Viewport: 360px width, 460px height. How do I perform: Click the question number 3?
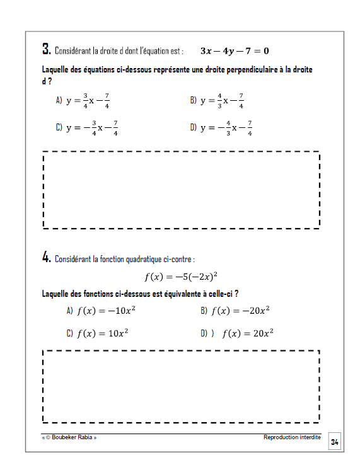point(46,49)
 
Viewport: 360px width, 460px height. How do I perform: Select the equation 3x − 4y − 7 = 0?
point(235,50)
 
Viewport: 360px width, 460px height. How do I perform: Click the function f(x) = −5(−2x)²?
point(181,276)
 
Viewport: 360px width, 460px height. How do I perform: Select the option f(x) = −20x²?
point(240,310)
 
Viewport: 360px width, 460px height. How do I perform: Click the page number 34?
point(335,442)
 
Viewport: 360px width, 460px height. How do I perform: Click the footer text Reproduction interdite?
point(292,437)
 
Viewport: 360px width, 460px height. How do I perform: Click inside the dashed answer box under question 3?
point(181,189)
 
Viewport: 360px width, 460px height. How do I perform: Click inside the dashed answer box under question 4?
point(181,386)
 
